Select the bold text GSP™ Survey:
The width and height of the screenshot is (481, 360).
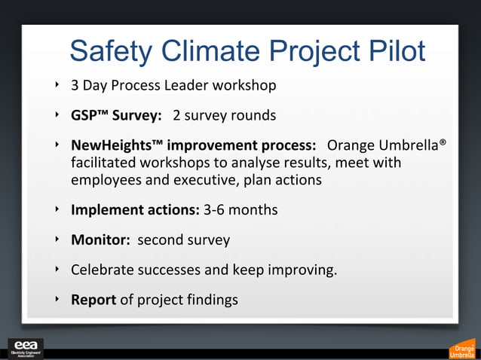pyautogui.click(x=117, y=116)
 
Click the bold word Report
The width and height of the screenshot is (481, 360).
pyautogui.click(x=93, y=300)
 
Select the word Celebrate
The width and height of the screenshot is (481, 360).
pyautogui.click(x=103, y=270)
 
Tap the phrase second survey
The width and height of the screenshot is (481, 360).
pyautogui.click(x=183, y=240)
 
